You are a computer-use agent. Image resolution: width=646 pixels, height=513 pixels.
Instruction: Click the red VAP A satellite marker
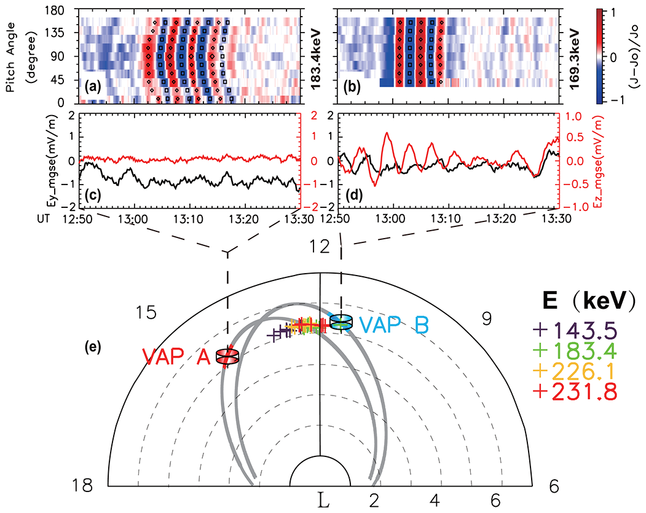(227, 356)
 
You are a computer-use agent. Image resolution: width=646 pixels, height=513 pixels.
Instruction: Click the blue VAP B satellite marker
(341, 322)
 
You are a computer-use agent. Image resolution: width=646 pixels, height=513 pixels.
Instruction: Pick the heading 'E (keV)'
(585, 300)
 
